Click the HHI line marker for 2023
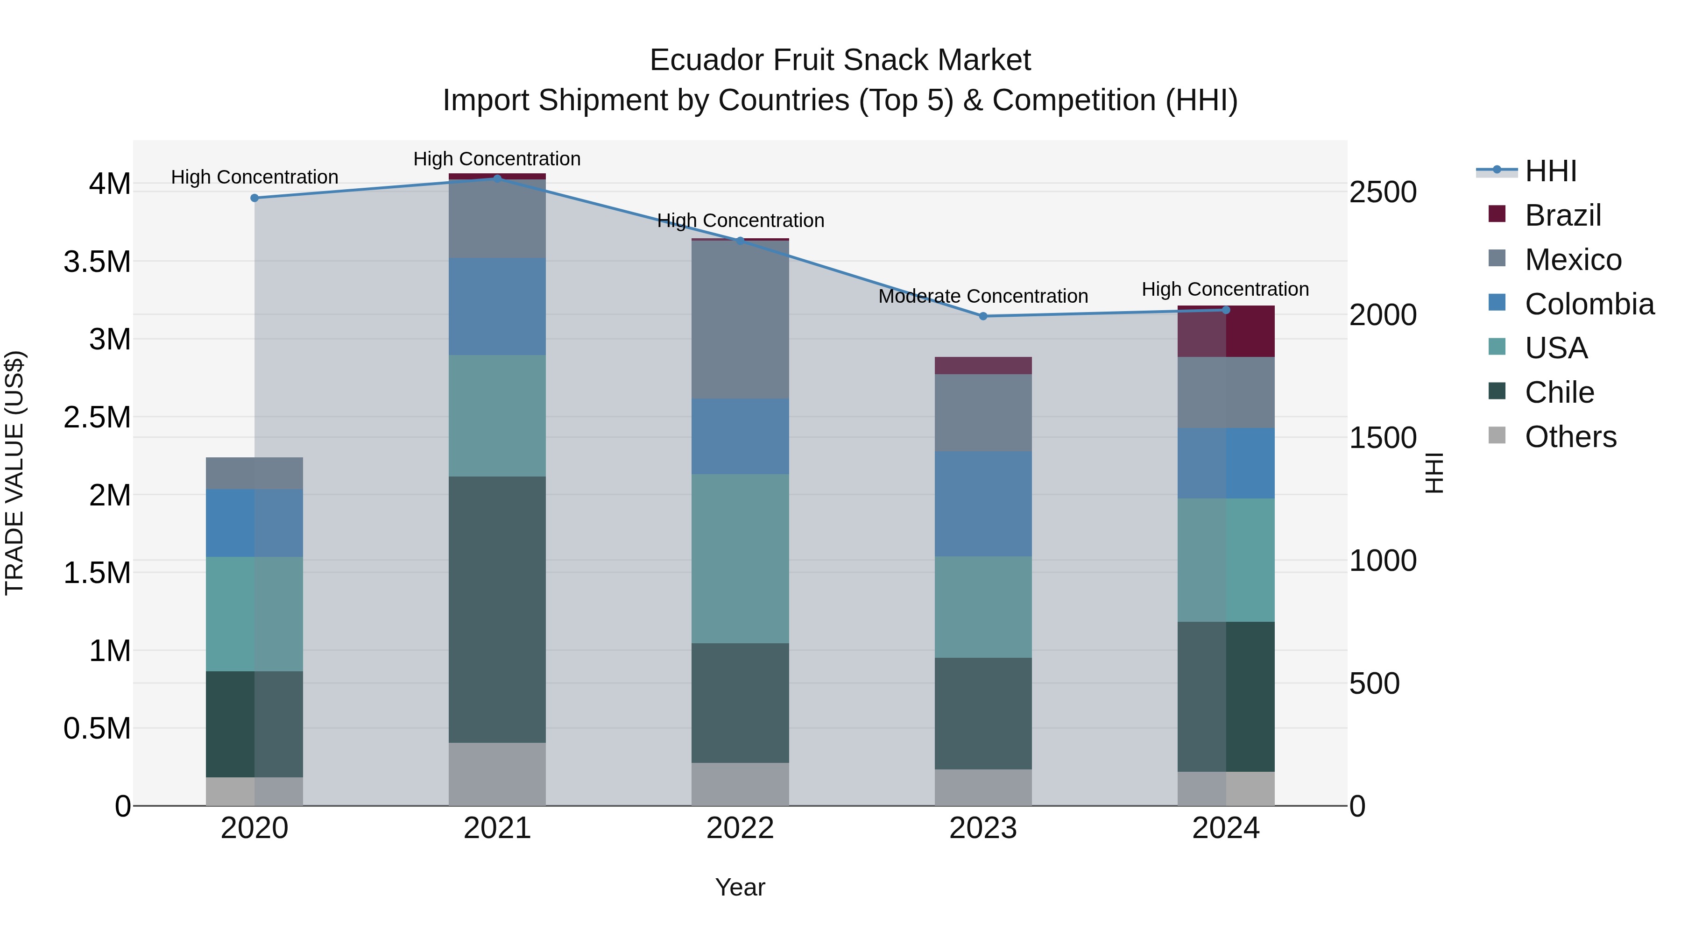pyautogui.click(x=983, y=316)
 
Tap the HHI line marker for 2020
pyautogui.click(x=254, y=198)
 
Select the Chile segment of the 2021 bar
pyautogui.click(x=497, y=609)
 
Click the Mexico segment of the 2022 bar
pyautogui.click(x=740, y=320)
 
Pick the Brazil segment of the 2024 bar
pyautogui.click(x=1226, y=332)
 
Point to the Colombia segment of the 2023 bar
pyautogui.click(x=983, y=503)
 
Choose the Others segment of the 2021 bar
pyautogui.click(x=497, y=774)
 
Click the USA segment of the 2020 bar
pyautogui.click(x=254, y=614)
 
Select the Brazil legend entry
pyautogui.click(x=1562, y=215)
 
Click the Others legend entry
pyautogui.click(x=1570, y=437)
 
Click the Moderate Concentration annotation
pyautogui.click(x=983, y=296)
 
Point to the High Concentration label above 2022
pyautogui.click(x=740, y=220)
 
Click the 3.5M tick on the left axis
pyautogui.click(x=97, y=262)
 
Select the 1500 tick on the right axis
pyautogui.click(x=1383, y=438)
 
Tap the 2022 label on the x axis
pyautogui.click(x=740, y=828)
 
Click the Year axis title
pyautogui.click(x=740, y=887)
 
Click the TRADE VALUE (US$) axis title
pyautogui.click(x=14, y=473)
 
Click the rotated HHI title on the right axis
pyautogui.click(x=1434, y=473)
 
